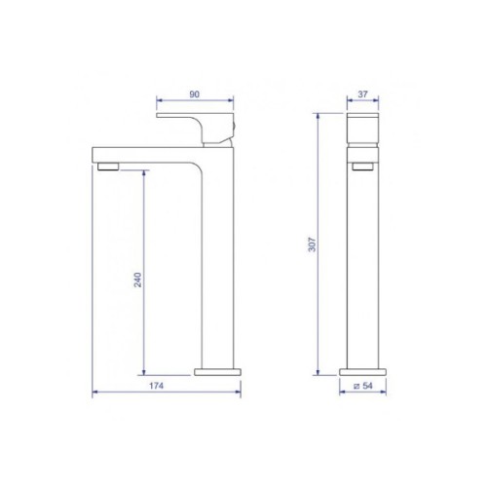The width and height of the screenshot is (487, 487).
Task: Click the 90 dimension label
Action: click(x=194, y=94)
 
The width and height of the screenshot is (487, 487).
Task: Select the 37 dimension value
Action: click(x=362, y=94)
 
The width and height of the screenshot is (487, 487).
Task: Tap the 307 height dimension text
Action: click(x=312, y=244)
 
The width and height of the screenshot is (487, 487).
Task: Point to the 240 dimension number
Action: click(x=138, y=280)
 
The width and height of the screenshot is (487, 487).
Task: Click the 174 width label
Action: click(x=156, y=386)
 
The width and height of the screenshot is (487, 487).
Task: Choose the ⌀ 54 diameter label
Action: click(x=363, y=386)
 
